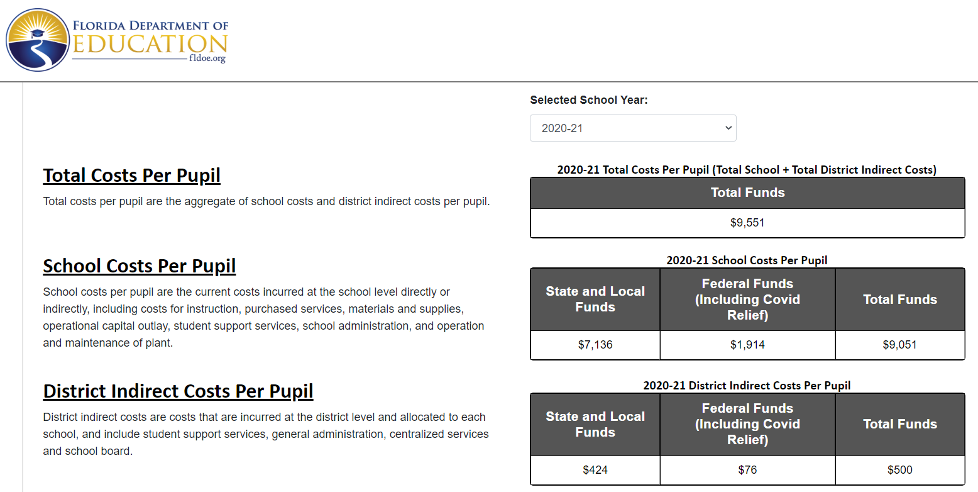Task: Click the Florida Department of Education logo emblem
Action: pos(38,40)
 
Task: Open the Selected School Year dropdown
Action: pos(633,128)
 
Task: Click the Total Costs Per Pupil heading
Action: pos(132,176)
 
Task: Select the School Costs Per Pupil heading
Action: pos(140,266)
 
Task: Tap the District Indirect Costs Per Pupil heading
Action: pos(178,391)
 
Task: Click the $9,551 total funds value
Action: pos(747,223)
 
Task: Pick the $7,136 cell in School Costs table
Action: pos(595,345)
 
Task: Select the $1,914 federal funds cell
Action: pos(747,345)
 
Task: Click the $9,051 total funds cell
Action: pos(899,345)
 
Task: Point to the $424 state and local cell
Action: pos(595,470)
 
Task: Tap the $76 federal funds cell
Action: pos(747,470)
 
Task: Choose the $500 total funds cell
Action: pos(899,470)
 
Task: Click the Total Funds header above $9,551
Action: pos(747,193)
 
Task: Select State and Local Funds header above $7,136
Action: pos(595,299)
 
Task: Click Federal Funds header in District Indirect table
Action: pos(747,424)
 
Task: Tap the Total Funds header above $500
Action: pos(899,424)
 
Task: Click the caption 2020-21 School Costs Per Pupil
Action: pos(747,260)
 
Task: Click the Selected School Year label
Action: pos(588,100)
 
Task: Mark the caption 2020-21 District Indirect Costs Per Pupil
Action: pos(747,385)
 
